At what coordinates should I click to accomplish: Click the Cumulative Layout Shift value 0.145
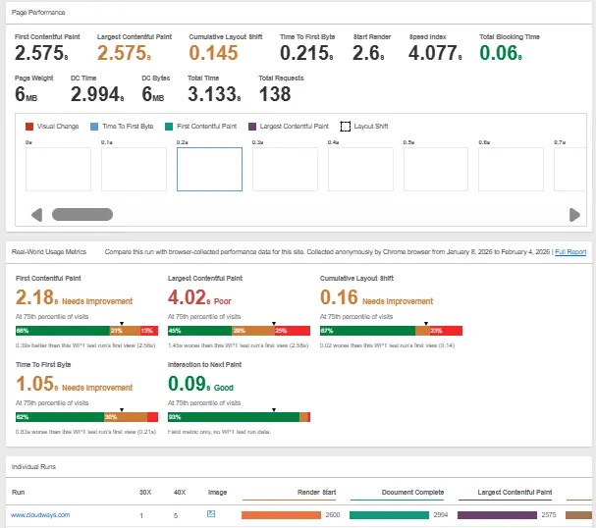click(214, 53)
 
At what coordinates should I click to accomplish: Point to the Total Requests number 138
click(275, 94)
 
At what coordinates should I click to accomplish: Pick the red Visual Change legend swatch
click(29, 127)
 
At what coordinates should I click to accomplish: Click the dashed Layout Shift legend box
click(346, 127)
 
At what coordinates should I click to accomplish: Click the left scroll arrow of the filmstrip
click(37, 215)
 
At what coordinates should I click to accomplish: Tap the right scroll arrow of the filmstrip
click(574, 215)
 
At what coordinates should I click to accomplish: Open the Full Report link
click(570, 252)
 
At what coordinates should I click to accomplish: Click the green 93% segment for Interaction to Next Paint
click(234, 418)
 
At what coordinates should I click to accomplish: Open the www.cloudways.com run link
click(40, 514)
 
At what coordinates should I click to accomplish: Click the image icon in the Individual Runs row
click(211, 513)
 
